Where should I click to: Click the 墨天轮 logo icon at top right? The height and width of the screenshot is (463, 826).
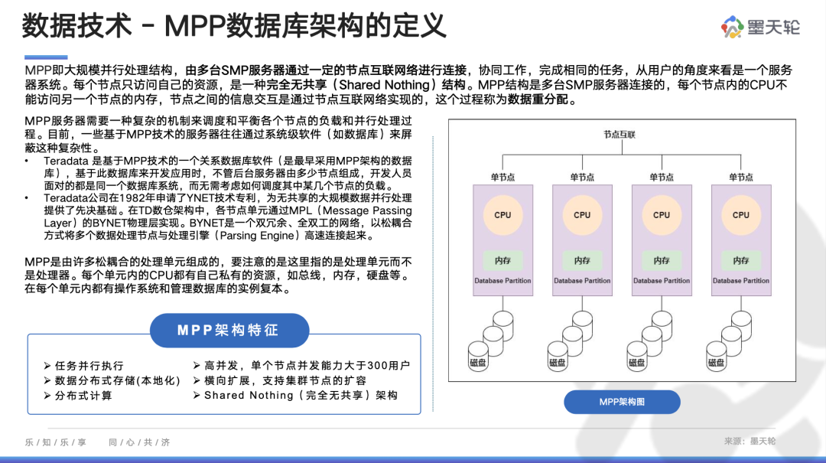tap(732, 27)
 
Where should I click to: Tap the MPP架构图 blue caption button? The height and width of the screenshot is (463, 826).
tap(622, 402)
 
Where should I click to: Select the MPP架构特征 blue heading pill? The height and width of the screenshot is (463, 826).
tap(229, 331)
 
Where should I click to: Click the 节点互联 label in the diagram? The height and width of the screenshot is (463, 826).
tap(619, 135)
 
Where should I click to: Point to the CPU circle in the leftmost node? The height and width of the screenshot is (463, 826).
tap(502, 215)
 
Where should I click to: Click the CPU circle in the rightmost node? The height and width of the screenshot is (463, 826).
tap(740, 215)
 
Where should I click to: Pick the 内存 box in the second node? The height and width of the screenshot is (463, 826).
tap(582, 260)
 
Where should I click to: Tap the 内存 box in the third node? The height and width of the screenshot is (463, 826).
tap(662, 260)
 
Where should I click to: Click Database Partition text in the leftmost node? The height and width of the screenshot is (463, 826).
tap(502, 281)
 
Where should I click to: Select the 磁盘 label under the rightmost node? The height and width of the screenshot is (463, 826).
tap(716, 362)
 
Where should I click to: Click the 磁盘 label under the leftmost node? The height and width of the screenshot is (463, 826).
tap(478, 362)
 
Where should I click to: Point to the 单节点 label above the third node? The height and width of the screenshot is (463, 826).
tap(662, 178)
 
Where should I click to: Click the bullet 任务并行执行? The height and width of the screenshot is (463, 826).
tap(84, 366)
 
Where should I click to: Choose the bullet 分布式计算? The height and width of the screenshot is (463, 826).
tap(78, 396)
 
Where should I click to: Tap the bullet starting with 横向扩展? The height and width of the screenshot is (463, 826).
tap(280, 381)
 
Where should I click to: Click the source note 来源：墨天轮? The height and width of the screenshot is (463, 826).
tap(750, 441)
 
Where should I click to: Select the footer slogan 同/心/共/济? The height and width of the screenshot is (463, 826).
tap(139, 442)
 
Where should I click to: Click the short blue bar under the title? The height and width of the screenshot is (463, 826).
tap(46, 57)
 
